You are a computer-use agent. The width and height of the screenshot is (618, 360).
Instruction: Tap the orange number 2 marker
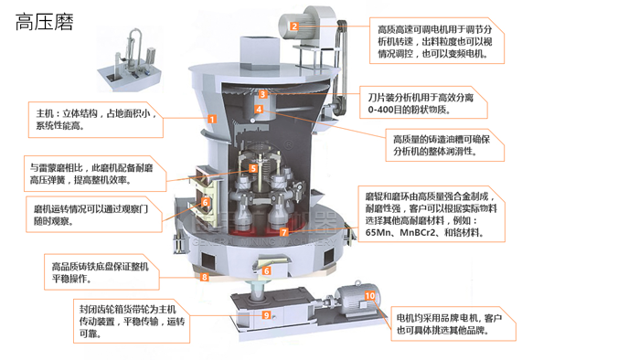[x=294, y=26]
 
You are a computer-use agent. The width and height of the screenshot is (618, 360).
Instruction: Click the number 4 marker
[x=259, y=110]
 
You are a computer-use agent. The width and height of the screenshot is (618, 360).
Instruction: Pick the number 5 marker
[x=253, y=168]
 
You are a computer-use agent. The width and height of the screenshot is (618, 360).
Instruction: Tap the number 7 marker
[x=284, y=232]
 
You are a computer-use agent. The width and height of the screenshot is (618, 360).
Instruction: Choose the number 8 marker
[x=206, y=276]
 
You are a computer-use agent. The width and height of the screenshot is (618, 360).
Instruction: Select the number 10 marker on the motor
[x=369, y=295]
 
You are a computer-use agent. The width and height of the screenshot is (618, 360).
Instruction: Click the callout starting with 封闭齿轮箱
[x=127, y=315]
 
